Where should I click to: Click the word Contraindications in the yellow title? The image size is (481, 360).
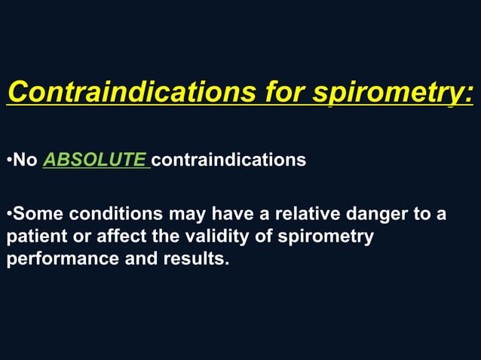(132, 94)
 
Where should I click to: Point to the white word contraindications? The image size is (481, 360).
(229, 160)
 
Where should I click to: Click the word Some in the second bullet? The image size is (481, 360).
(37, 215)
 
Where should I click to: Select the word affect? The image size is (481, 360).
(122, 236)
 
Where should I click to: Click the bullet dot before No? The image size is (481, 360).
(8, 160)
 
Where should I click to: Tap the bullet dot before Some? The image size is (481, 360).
(8, 215)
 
